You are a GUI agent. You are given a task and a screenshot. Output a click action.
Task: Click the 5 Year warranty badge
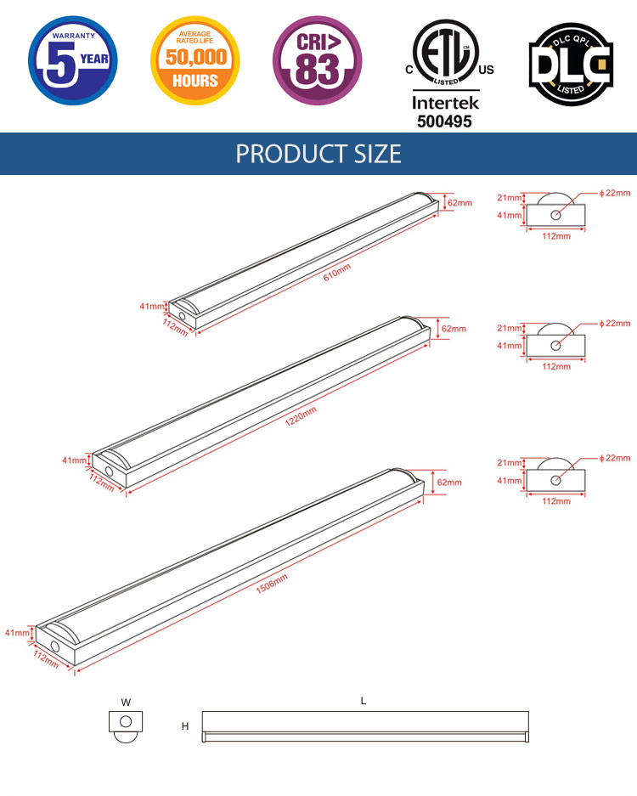(72, 60)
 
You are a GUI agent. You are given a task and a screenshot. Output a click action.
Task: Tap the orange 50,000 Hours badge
(194, 60)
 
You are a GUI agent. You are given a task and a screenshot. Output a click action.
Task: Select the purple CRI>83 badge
(318, 60)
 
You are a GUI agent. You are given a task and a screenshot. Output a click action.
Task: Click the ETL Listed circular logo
(446, 53)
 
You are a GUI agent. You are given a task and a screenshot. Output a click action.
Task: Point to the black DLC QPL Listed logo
(571, 64)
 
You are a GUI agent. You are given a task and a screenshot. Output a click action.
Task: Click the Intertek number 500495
(445, 121)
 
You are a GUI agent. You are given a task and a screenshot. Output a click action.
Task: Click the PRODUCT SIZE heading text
(318, 154)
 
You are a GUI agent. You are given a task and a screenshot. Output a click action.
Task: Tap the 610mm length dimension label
(337, 273)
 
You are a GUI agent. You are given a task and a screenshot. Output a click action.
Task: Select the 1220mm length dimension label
(301, 416)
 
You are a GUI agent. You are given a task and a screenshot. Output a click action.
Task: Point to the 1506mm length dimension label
(272, 584)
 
